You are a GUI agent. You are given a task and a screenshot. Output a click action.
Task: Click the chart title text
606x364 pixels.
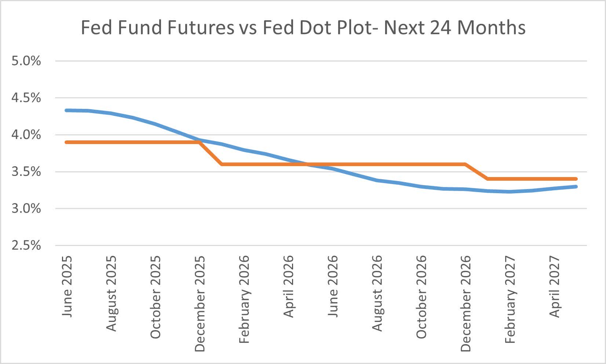click(x=303, y=28)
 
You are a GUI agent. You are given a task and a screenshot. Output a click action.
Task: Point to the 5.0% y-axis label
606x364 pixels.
click(x=26, y=61)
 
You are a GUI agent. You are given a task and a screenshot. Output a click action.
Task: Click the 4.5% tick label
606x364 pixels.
click(x=26, y=98)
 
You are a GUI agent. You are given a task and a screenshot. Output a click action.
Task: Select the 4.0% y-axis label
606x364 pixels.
click(x=26, y=135)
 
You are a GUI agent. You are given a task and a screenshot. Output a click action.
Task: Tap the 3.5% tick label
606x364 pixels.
click(x=26, y=172)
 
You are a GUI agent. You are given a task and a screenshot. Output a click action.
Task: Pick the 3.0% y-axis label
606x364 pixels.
click(x=26, y=209)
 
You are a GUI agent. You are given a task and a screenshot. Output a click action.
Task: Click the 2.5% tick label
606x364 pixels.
click(x=26, y=245)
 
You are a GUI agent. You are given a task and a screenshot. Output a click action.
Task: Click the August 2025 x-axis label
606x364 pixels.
click(x=111, y=293)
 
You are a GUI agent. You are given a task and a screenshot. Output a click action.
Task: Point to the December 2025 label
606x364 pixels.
click(x=200, y=304)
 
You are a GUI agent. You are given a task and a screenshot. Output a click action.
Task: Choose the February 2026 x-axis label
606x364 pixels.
click(x=244, y=299)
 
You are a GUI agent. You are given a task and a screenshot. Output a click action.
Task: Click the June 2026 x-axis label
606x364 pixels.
click(x=333, y=286)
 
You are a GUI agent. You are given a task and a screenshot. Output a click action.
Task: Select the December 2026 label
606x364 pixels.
click(x=466, y=304)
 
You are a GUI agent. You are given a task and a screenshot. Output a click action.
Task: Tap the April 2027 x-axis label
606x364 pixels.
click(x=554, y=286)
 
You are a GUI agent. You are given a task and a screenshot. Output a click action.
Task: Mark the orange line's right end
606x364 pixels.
click(x=576, y=179)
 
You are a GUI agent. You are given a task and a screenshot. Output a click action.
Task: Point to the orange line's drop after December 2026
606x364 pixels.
click(x=476, y=172)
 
